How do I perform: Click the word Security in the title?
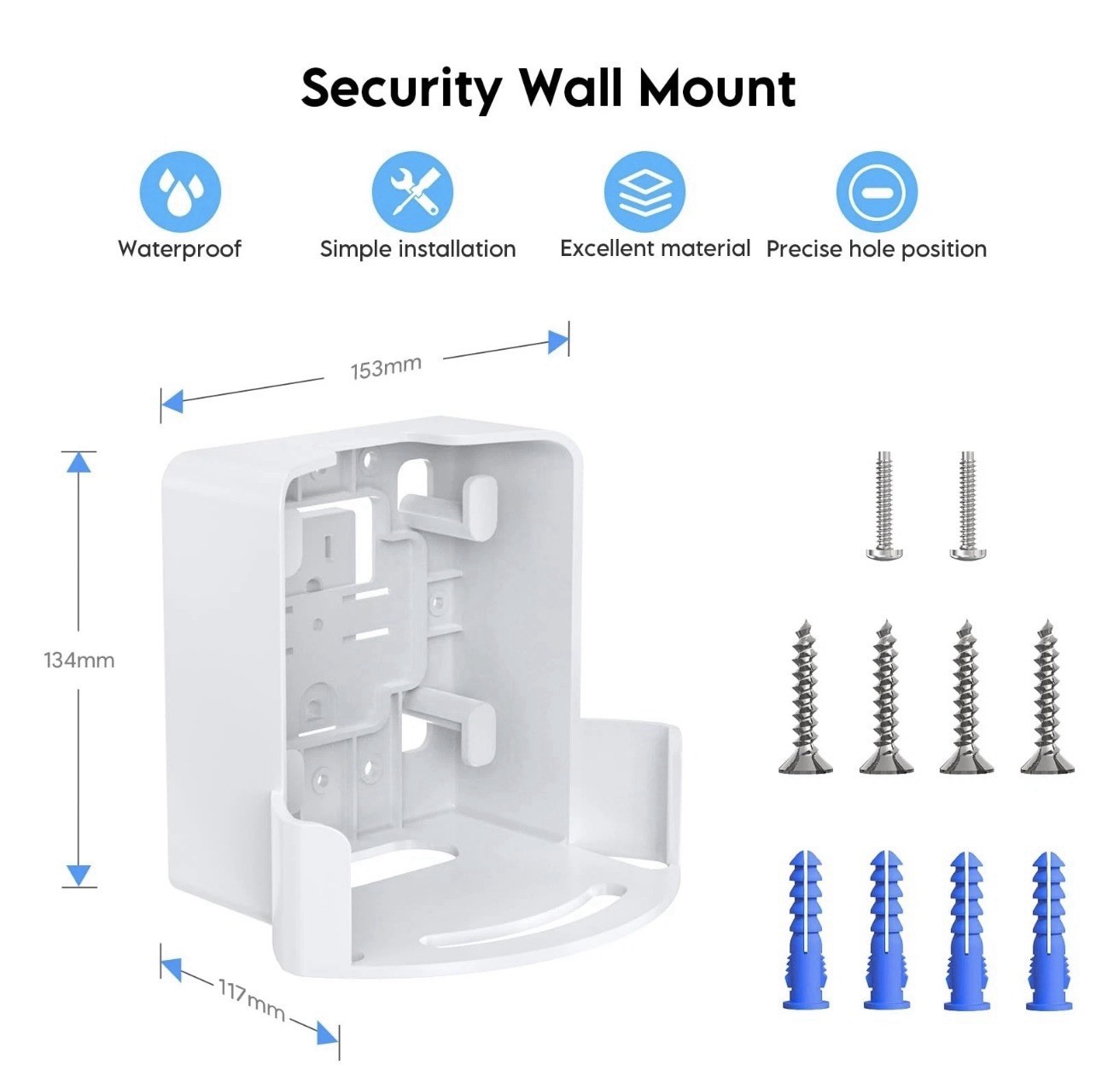401,89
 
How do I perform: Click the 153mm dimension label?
386,368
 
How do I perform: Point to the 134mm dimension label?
79,660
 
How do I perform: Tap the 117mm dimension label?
251,999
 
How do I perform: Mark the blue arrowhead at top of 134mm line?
79,462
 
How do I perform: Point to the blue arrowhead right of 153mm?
557,342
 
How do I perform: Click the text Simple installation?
417,249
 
